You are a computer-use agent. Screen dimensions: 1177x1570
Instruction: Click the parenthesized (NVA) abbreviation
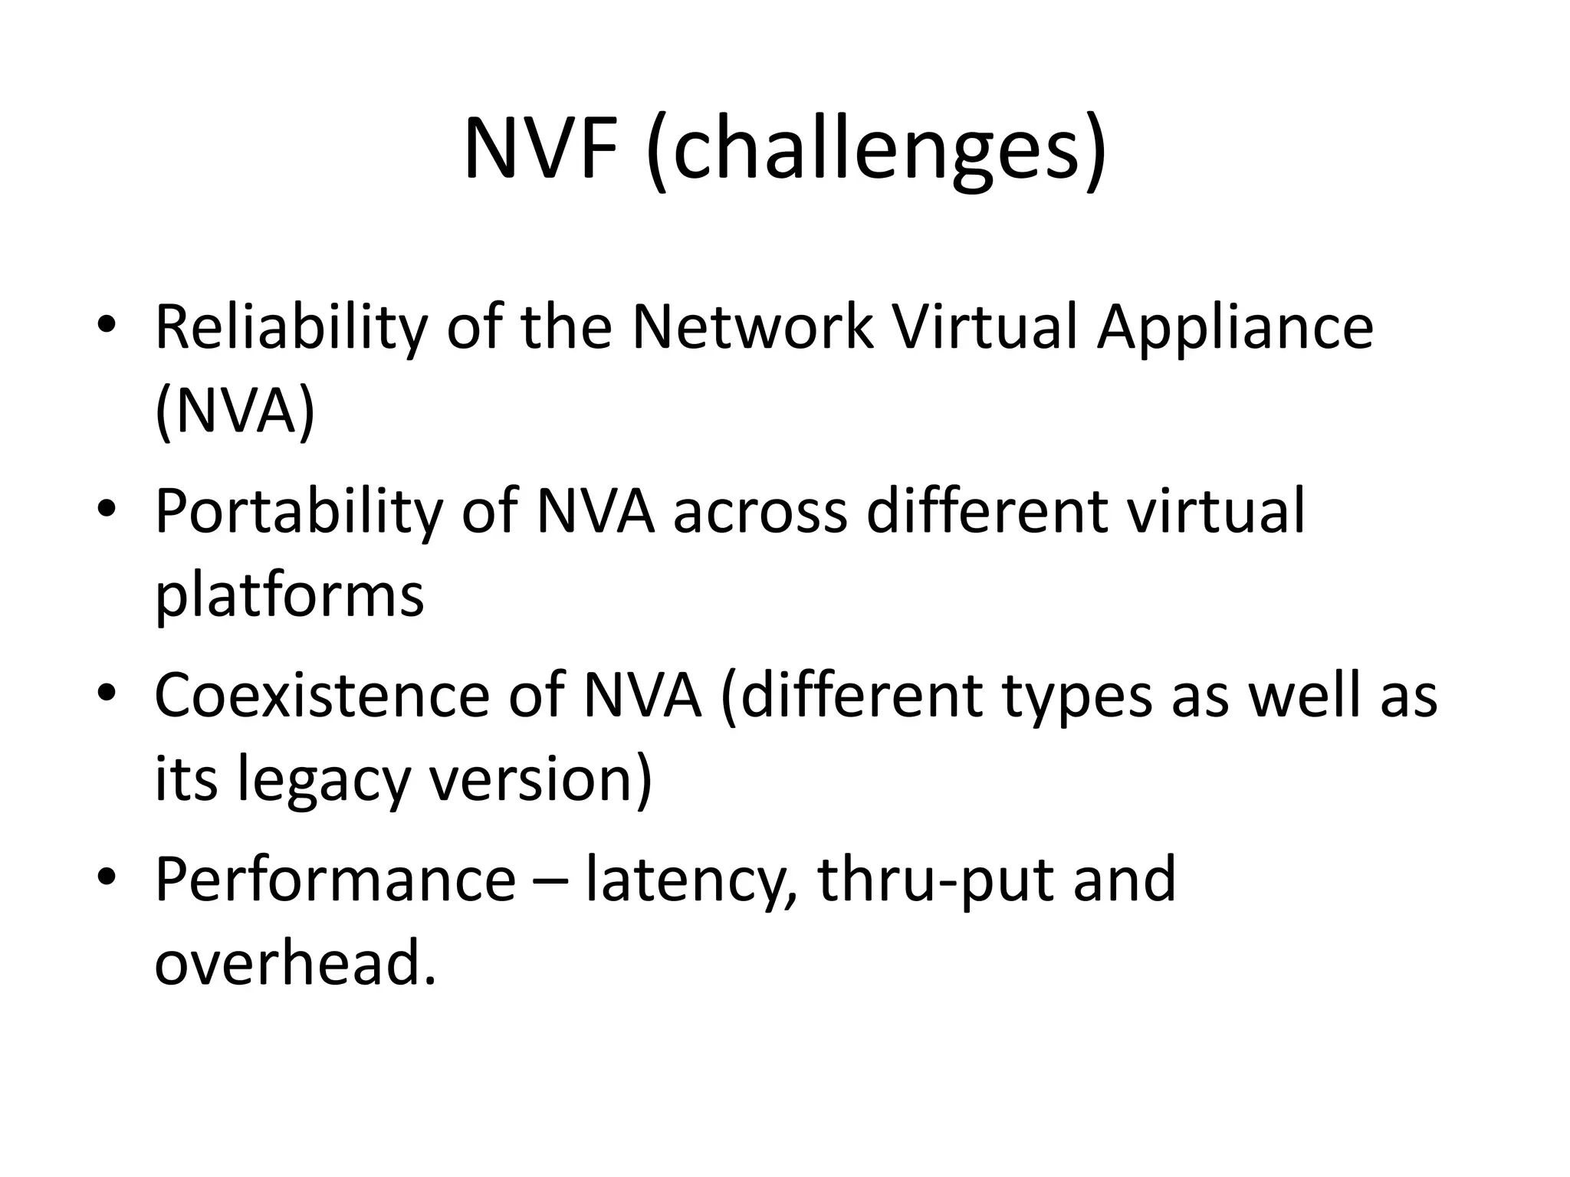coord(235,412)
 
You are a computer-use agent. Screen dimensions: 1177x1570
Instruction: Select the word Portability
coord(298,512)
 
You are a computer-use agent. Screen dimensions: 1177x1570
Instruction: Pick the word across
coord(760,512)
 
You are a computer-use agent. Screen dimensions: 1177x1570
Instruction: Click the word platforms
coord(289,596)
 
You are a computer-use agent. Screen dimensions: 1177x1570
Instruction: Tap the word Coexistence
coord(321,695)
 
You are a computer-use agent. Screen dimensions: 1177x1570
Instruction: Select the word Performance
coord(335,879)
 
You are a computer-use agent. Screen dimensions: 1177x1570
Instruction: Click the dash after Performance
coord(550,881)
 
